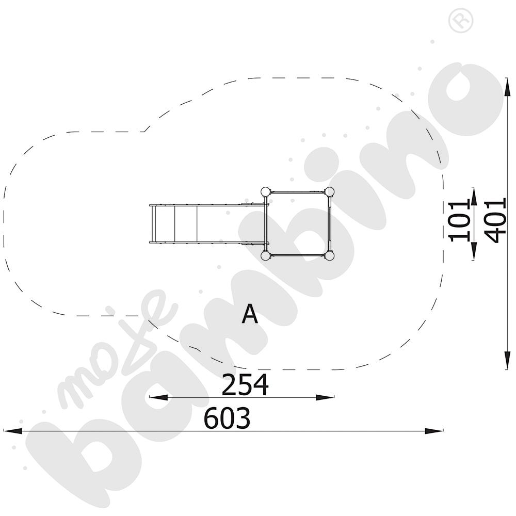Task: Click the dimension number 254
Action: [245, 385]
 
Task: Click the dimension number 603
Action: [227, 418]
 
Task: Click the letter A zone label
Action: [250, 314]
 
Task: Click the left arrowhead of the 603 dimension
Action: [10, 430]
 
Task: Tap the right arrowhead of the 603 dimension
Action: [436, 430]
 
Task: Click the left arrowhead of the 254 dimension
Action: [156, 397]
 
